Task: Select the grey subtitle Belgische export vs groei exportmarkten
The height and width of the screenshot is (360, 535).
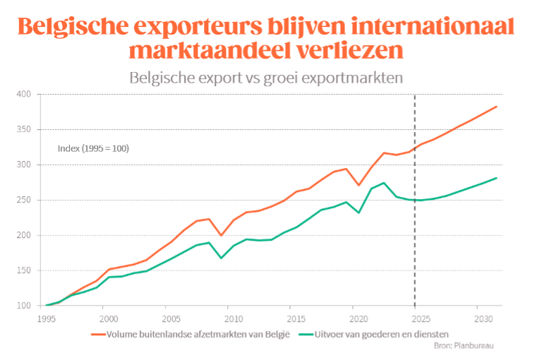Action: click(266, 78)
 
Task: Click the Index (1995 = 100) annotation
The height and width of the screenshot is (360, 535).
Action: click(93, 149)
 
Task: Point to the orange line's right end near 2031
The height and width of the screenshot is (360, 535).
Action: click(497, 107)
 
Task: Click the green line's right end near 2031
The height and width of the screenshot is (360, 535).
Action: click(497, 178)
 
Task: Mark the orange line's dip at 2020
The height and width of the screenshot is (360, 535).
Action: click(359, 185)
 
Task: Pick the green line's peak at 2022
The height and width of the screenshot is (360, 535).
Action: click(383, 183)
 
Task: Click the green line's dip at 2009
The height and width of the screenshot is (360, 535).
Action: click(222, 258)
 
